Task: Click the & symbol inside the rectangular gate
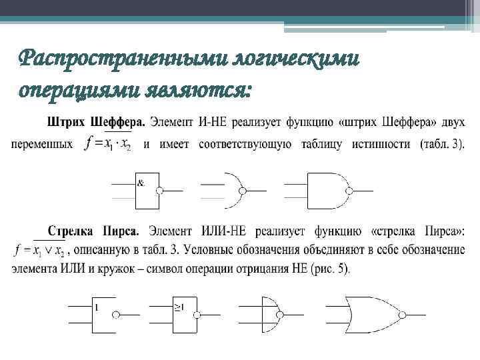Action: (141, 181)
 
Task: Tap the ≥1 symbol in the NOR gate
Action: (179, 307)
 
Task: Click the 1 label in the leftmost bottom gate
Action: (97, 307)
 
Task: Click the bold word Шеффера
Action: (113, 123)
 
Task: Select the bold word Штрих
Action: (63, 123)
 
